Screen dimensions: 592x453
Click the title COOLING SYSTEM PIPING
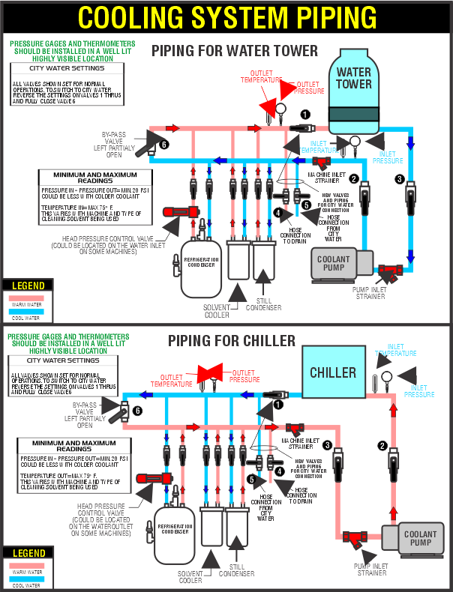pyautogui.click(x=227, y=16)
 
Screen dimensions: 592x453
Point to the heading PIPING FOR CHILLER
pyautogui.click(x=231, y=341)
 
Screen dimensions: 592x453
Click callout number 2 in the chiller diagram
pyautogui.click(x=383, y=446)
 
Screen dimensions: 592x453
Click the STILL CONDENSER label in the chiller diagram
pyautogui.click(x=237, y=570)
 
